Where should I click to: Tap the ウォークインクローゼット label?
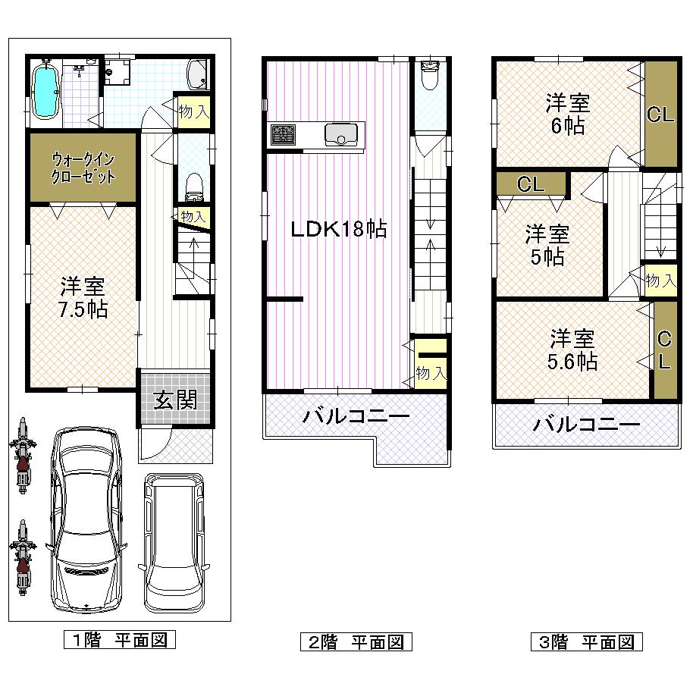(x=83, y=168)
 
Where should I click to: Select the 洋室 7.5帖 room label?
(x=84, y=298)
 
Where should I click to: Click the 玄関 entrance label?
(x=175, y=400)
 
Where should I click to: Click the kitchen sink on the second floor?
(x=341, y=134)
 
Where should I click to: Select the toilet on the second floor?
(x=430, y=76)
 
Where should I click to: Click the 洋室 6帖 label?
(x=569, y=114)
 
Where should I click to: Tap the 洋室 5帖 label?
(x=547, y=245)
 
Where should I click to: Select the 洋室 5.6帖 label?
(x=572, y=349)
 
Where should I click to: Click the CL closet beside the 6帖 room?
(x=660, y=114)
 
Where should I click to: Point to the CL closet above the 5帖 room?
(x=531, y=183)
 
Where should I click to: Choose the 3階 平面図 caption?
(x=586, y=643)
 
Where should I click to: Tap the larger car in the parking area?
(x=86, y=519)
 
